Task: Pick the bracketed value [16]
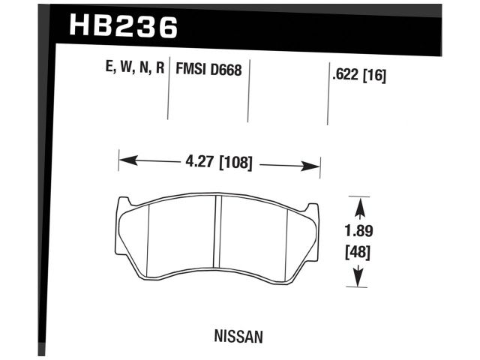(374, 75)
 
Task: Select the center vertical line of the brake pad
(217, 241)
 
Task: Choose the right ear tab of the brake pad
(313, 210)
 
